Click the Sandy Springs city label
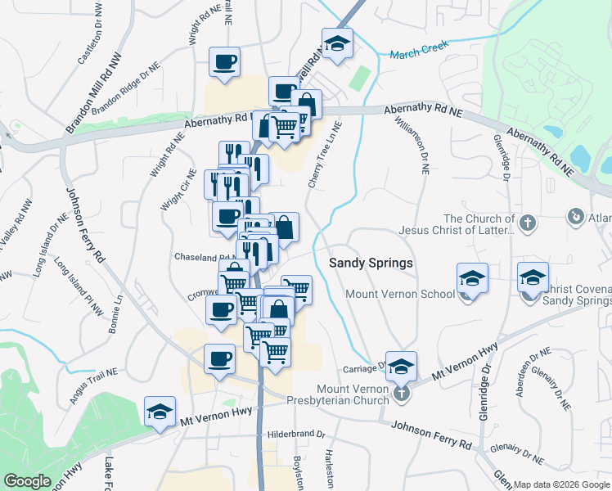371,263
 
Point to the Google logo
27,481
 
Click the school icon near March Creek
336,46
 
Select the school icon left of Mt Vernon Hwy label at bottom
160,412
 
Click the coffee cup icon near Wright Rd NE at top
224,61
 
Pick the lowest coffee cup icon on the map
218,359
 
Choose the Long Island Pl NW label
79,287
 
